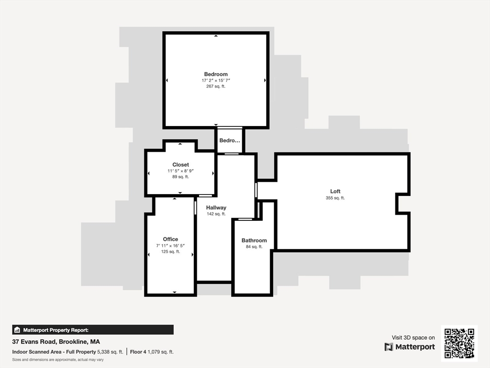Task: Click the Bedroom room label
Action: (216, 74)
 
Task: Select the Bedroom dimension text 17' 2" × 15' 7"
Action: (216, 80)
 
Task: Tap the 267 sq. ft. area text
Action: (216, 87)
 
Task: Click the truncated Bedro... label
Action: (230, 140)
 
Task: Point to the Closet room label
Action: (180, 165)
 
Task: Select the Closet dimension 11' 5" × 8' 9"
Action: (180, 171)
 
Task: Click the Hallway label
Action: (216, 207)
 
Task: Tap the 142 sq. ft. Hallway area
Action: (216, 214)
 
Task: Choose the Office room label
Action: (170, 239)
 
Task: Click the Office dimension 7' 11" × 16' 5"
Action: (170, 245)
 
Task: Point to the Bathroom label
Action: (254, 241)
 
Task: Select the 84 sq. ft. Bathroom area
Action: (254, 247)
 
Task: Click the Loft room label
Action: (335, 192)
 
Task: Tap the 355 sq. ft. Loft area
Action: (335, 198)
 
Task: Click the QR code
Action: (459, 343)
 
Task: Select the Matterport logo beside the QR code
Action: (410, 347)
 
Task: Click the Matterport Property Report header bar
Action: (93, 330)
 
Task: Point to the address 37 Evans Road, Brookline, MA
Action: (56, 342)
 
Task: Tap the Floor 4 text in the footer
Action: (137, 352)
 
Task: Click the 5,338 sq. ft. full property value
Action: (111, 352)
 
